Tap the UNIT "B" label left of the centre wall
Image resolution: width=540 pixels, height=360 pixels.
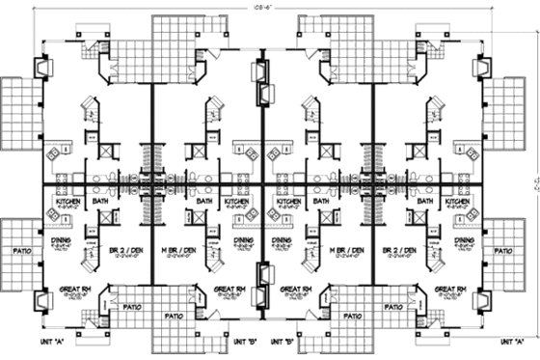[x=246, y=342]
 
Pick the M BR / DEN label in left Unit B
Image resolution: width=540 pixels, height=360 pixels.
[x=183, y=249]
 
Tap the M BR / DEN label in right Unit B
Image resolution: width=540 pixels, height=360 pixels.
[x=346, y=249]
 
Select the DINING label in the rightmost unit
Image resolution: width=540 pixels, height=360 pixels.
[x=465, y=240]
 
